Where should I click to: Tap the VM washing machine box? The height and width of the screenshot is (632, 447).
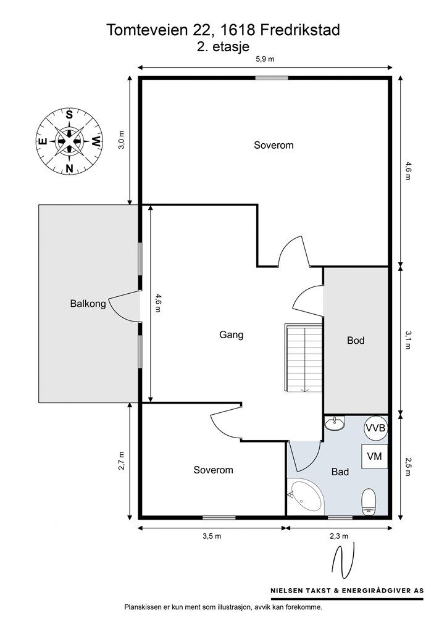tap(374, 456)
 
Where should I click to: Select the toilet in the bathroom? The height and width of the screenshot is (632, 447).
tap(369, 502)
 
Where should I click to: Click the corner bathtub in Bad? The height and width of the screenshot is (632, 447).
tap(306, 497)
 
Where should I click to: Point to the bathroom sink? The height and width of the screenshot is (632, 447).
tap(335, 423)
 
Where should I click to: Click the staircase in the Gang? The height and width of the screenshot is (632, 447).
tap(304, 357)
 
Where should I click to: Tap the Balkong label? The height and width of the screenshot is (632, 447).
tap(88, 304)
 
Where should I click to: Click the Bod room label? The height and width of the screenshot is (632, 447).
tap(356, 341)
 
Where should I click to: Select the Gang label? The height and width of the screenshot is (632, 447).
tap(232, 335)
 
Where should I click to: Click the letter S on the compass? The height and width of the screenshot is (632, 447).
tap(69, 115)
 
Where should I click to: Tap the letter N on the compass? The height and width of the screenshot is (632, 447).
tap(69, 168)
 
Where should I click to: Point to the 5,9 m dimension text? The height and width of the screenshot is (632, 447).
tap(265, 59)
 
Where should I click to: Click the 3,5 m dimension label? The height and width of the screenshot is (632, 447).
tap(212, 536)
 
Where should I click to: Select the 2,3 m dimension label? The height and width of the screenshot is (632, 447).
tap(338, 536)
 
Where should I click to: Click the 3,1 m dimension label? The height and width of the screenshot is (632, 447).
tap(408, 340)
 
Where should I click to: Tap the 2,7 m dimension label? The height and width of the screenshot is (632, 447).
tap(122, 460)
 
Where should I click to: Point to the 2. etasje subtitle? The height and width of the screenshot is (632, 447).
tap(223, 46)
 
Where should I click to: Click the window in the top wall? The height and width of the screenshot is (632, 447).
tap(272, 78)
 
